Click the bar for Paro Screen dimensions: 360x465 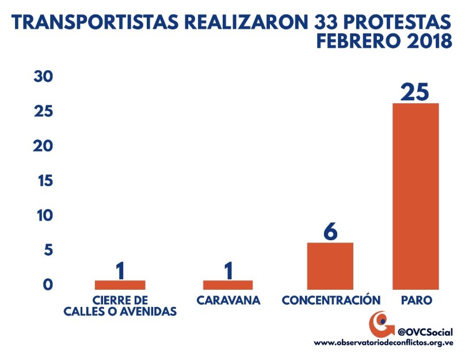click(415, 196)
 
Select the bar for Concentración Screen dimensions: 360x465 click(330, 266)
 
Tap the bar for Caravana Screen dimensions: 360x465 click(227, 285)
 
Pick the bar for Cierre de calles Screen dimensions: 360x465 click(120, 285)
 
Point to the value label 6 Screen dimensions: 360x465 click(330, 231)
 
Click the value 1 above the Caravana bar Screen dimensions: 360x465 click(228, 270)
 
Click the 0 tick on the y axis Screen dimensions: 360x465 click(48, 285)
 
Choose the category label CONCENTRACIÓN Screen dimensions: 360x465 click(331, 301)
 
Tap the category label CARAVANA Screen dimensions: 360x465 click(228, 301)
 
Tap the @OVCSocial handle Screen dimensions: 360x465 click(425, 332)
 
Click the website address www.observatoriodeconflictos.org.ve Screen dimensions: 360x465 click(383, 342)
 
